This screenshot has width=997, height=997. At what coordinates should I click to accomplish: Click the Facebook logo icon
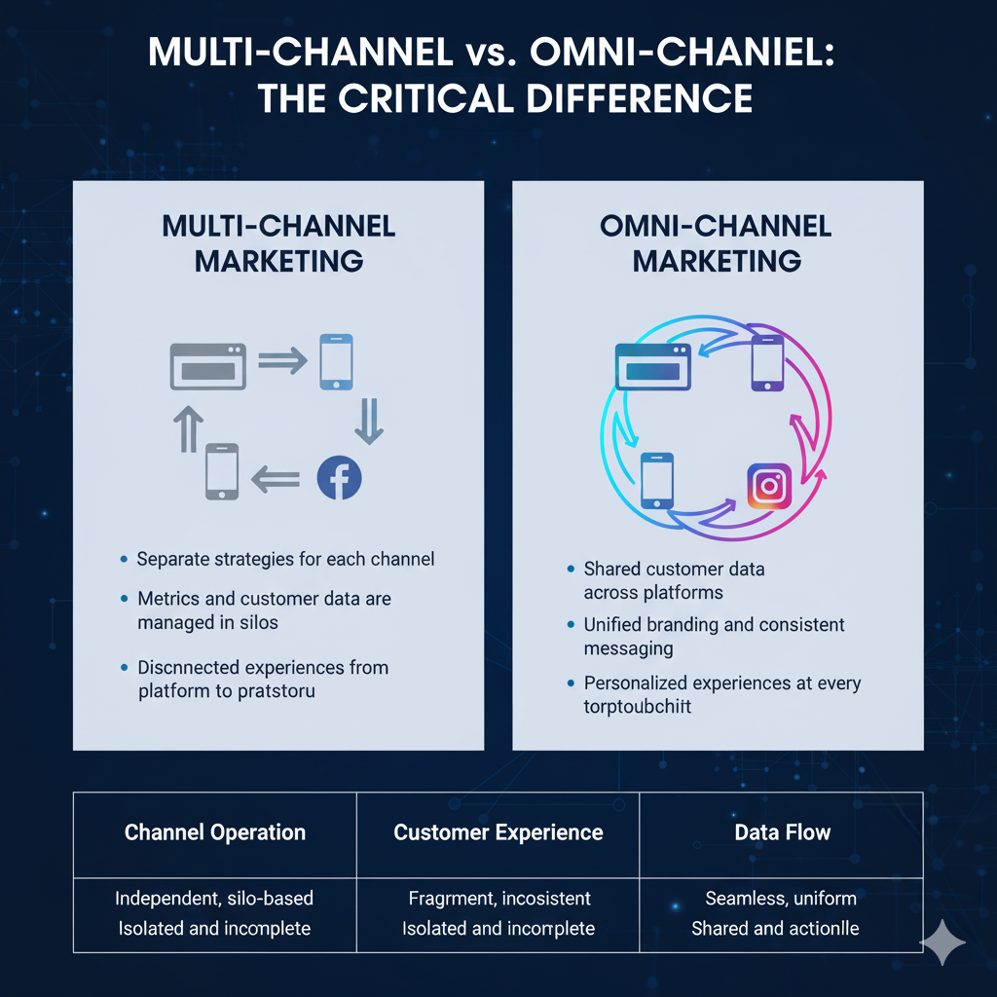pos(340,477)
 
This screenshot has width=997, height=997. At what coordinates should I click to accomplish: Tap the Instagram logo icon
pos(769,486)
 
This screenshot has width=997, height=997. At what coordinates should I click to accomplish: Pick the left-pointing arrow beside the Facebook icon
pos(276,477)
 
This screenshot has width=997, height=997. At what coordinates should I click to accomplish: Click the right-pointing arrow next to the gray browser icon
pos(282,362)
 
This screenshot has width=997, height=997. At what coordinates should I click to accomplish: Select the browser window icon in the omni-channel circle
pos(652,368)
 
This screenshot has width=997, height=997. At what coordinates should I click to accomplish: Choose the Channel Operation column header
pos(215,832)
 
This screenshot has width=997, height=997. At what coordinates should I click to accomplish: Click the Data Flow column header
pos(783,832)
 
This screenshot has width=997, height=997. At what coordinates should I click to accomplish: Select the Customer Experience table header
pos(498,832)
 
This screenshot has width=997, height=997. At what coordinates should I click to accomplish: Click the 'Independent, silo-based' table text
pos(214,899)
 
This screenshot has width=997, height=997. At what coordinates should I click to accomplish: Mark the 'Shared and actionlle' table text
pos(775,929)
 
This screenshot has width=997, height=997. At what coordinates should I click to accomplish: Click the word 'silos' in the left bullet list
pos(257,622)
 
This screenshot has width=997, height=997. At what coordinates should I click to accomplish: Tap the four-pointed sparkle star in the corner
pos(943,942)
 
